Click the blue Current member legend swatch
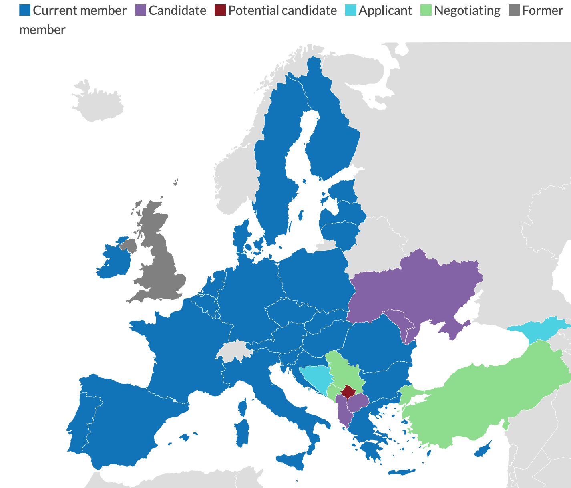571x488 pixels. coord(25,10)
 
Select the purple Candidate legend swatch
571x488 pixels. coord(141,10)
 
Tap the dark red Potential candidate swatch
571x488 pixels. coord(220,10)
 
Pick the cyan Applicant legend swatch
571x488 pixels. coord(351,10)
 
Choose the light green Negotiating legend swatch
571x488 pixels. coord(426,10)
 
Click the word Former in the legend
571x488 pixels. coord(543,10)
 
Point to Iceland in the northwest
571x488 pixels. coord(98,100)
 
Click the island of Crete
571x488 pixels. coord(402,472)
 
